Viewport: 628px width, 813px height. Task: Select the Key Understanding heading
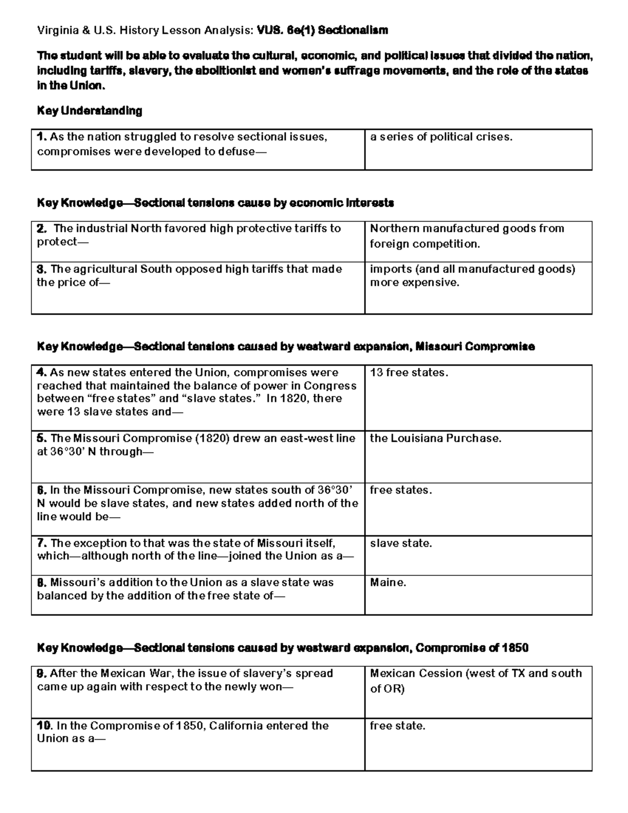[x=89, y=111]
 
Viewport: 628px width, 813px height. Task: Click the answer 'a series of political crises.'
[x=441, y=137]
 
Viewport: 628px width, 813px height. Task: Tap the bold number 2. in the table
[x=41, y=229]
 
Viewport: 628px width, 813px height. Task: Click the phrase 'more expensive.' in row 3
[x=414, y=283]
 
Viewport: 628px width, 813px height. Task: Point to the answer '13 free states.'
[x=409, y=373]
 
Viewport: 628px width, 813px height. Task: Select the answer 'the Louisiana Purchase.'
[x=435, y=439]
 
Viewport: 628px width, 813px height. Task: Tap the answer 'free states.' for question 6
[x=401, y=491]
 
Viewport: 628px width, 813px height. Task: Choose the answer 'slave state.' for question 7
[x=401, y=543]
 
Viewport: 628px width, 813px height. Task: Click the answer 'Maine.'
[x=388, y=583]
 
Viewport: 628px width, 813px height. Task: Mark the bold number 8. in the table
[x=41, y=583]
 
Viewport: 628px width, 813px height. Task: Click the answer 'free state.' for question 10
[x=398, y=726]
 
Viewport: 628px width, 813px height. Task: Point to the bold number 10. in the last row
[x=44, y=726]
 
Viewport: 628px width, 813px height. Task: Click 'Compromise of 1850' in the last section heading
[x=472, y=648]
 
